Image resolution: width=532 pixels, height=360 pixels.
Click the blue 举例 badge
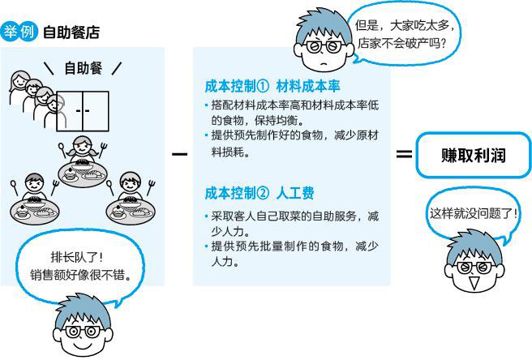click(19, 33)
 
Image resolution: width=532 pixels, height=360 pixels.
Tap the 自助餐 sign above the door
click(83, 68)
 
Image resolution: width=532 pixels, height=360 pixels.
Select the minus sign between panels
click(179, 153)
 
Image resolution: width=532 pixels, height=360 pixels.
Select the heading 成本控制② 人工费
click(259, 194)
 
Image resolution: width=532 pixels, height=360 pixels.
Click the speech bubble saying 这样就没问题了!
click(474, 216)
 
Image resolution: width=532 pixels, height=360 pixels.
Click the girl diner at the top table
click(82, 151)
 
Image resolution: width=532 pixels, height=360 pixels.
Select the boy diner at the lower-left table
click(34, 186)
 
